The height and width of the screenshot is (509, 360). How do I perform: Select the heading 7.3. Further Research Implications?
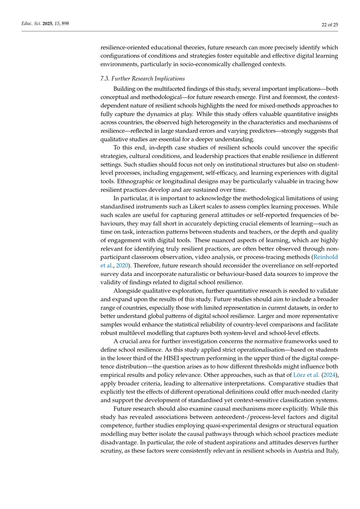tap(143, 78)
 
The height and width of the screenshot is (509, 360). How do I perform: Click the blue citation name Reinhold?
tap(325, 257)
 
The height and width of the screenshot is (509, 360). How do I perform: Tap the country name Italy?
tap(331, 451)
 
